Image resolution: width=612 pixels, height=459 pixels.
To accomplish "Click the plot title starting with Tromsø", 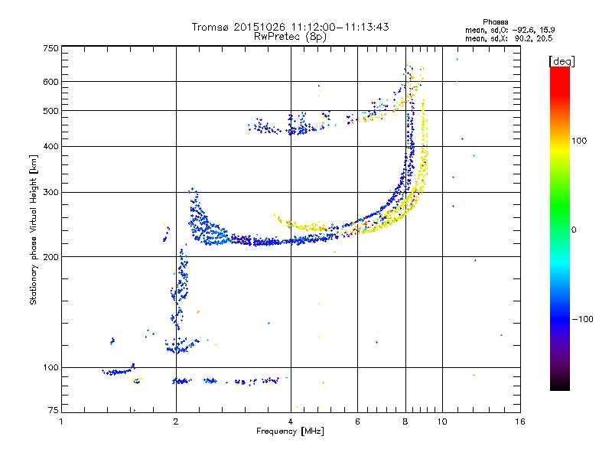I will click(290, 27).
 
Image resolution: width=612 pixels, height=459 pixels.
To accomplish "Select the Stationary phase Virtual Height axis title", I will click(34, 229).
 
